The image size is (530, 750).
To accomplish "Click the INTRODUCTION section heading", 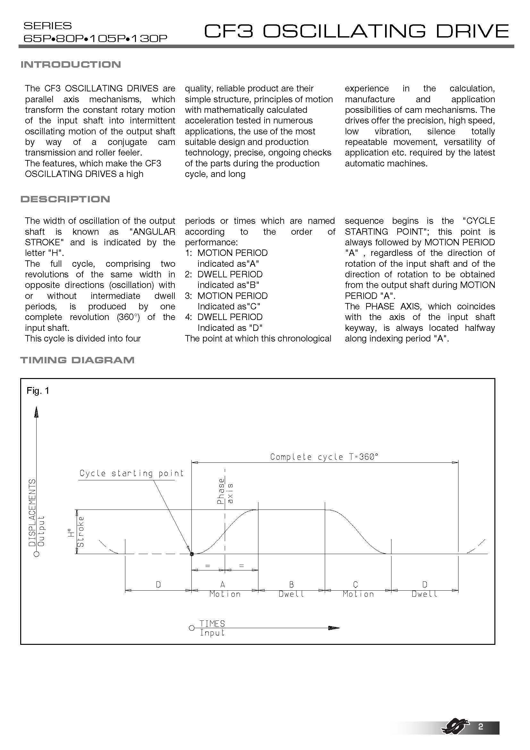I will [x=71, y=64].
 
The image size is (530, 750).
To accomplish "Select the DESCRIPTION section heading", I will [x=65, y=199].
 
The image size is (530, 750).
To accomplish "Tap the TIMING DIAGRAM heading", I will [x=77, y=360].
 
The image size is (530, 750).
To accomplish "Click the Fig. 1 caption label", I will [x=38, y=391].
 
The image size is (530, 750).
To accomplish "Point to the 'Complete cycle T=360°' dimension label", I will [x=324, y=457].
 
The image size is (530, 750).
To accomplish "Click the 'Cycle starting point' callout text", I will [x=131, y=473].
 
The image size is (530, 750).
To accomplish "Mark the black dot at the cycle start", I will [x=192, y=554].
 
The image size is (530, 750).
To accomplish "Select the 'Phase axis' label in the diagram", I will [x=225, y=491].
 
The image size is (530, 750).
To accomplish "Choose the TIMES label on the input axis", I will [x=212, y=624].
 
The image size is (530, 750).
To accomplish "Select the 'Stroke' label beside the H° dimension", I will [x=81, y=531].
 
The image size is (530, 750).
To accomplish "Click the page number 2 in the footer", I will [x=480, y=727].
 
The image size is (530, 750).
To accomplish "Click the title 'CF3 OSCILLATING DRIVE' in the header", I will [x=356, y=31].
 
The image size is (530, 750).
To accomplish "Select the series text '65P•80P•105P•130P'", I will [x=96, y=38].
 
